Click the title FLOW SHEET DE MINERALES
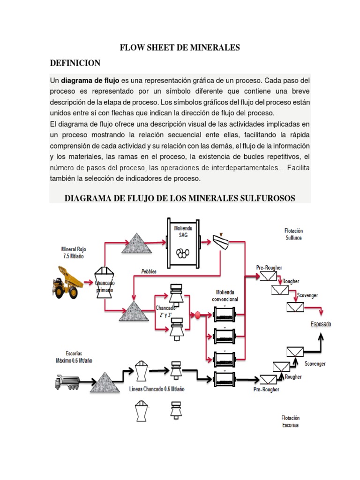point(180,47)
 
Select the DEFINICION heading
point(75,63)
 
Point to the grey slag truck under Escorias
point(68,382)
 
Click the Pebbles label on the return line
point(149,271)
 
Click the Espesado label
point(321,324)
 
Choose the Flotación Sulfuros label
point(293,234)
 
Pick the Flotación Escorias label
point(290,421)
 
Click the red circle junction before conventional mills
point(198,315)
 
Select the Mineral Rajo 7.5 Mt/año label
point(74,253)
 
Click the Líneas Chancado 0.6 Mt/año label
point(157,389)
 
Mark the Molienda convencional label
point(225,296)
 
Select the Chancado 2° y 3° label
point(165,311)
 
